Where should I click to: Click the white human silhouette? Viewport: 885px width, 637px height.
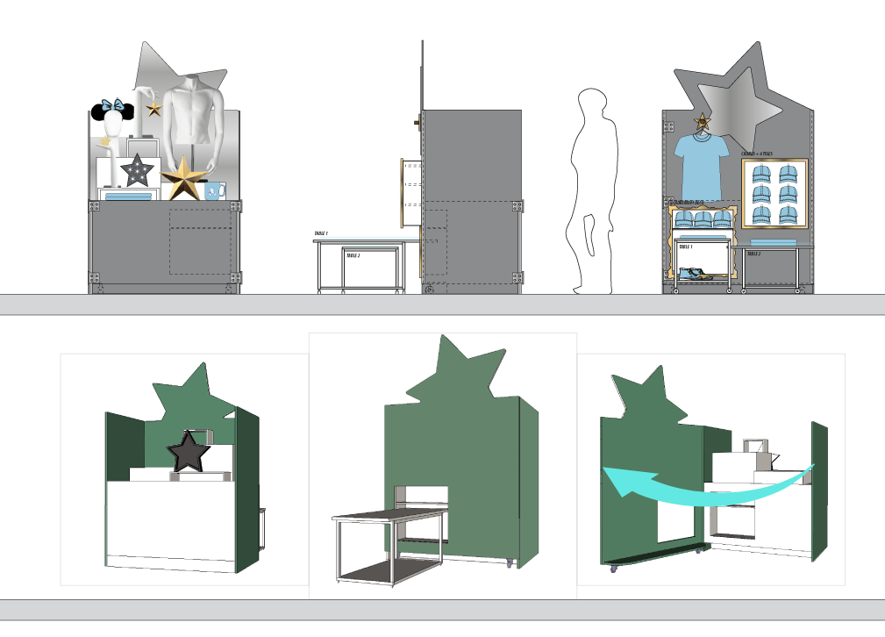coord(594,193)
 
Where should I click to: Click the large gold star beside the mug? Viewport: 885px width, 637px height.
coord(184,178)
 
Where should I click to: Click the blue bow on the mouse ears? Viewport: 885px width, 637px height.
coord(113,105)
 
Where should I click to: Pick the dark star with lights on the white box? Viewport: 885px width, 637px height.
coord(138,171)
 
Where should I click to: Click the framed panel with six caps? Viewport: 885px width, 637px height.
coord(774,194)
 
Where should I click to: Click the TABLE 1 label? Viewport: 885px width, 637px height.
coord(686,247)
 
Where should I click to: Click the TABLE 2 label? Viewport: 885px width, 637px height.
coord(753,254)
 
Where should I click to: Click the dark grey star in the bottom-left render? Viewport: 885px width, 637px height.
coord(188,453)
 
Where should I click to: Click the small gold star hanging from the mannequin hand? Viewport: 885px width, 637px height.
coord(154,108)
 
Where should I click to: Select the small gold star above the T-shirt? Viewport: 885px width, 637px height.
coord(702,120)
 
